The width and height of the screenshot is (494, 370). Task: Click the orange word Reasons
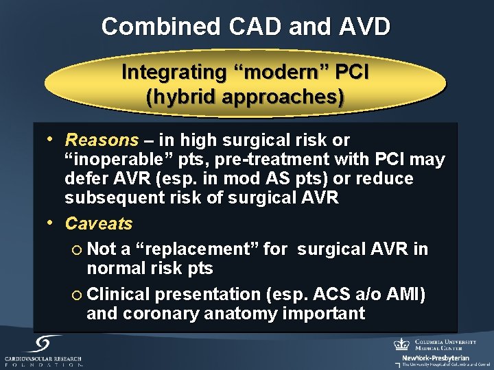pyautogui.click(x=102, y=140)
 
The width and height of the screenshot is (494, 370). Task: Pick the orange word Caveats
pyautogui.click(x=99, y=223)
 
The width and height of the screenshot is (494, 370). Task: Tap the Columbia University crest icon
pyautogui.click(x=401, y=345)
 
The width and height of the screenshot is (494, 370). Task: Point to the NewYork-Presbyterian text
pyautogui.click(x=436, y=358)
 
